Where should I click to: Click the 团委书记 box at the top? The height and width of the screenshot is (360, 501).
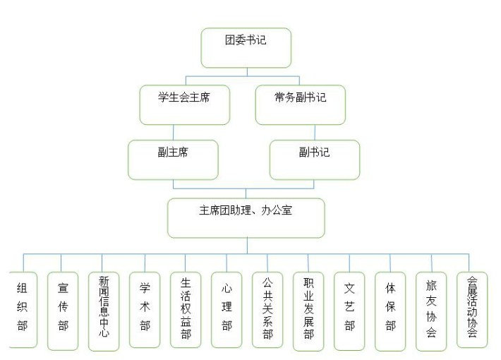[246, 48]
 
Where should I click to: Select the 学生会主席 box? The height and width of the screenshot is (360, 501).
[185, 105]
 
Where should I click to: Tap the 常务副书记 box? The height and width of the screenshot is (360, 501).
[301, 105]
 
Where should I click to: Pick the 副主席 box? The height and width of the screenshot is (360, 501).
[173, 160]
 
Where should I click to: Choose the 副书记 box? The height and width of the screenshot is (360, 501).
[315, 160]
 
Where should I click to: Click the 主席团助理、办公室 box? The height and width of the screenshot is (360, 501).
[246, 218]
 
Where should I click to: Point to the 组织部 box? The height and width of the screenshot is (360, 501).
[23, 310]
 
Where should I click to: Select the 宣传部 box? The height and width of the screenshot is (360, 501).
[63, 311]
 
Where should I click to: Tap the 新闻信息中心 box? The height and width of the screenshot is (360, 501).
[104, 311]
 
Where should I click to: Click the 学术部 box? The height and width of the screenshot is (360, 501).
[145, 310]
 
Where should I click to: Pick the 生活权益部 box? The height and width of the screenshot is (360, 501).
[186, 310]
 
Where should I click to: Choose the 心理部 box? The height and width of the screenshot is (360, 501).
[227, 310]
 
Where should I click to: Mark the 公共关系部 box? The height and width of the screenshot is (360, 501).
[267, 310]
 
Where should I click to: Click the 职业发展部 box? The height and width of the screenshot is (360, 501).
[308, 311]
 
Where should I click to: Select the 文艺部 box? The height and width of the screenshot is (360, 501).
[349, 311]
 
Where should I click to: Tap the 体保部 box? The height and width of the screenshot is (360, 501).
[390, 311]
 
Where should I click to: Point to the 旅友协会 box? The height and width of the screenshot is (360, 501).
[431, 311]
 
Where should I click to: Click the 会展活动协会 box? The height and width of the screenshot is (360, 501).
[472, 310]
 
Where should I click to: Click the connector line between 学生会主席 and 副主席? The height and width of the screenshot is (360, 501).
[174, 133]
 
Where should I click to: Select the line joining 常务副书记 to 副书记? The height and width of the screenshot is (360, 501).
[315, 133]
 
